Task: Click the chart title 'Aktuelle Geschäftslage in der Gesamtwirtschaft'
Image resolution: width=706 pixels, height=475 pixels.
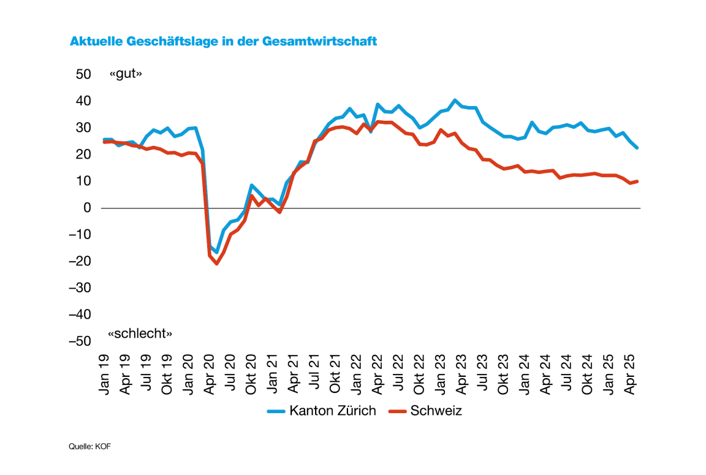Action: tap(223, 42)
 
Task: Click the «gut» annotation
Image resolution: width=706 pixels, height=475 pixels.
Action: tap(126, 74)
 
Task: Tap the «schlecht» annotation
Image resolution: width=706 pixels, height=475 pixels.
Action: tap(140, 333)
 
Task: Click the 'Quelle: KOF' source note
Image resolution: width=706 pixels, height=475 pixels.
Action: tap(89, 447)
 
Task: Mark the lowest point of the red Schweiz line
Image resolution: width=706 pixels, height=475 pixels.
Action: tap(216, 264)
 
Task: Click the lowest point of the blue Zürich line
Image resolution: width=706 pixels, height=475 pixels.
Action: tap(216, 252)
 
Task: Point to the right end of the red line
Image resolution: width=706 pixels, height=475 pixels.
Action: tap(637, 181)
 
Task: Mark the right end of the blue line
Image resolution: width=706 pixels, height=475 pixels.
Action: tap(637, 148)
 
